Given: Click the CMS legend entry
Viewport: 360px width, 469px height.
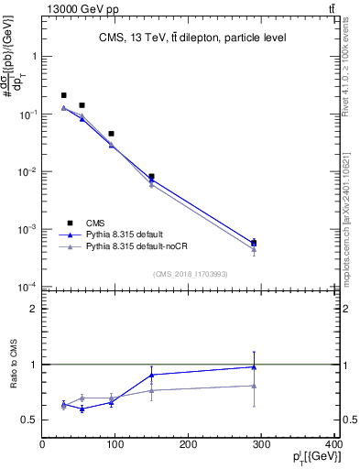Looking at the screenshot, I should point(93,222).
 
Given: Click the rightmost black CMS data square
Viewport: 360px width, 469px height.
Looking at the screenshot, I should point(254,244).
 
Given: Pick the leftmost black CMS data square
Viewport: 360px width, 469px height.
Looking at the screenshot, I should point(63,95).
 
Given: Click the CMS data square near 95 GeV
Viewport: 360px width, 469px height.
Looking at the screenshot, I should point(111,134).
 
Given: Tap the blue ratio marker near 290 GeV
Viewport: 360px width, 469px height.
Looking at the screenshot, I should point(254,367).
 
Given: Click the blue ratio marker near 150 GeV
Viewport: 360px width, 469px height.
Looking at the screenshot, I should point(152,375).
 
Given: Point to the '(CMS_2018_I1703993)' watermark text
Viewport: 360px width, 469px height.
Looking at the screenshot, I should point(191,273).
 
